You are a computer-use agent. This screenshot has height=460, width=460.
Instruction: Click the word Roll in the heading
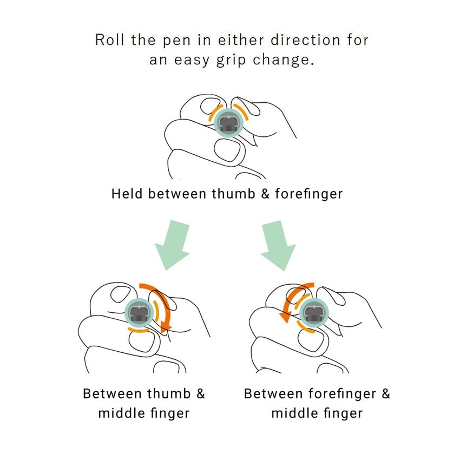pyautogui.click(x=109, y=40)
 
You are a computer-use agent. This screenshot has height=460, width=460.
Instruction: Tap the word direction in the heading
pyautogui.click(x=305, y=40)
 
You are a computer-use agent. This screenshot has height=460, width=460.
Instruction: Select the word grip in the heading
pyautogui.click(x=231, y=61)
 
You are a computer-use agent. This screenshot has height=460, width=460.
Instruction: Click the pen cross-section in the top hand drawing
pyautogui.click(x=228, y=123)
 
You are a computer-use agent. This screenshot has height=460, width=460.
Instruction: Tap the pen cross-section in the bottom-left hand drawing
pyautogui.click(x=139, y=313)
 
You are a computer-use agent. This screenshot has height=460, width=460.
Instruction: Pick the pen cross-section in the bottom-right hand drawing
pyautogui.click(x=314, y=313)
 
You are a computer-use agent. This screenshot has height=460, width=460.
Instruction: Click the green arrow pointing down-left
pyautogui.click(x=173, y=245)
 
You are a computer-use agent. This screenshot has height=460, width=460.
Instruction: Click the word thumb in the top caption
pyautogui.click(x=234, y=194)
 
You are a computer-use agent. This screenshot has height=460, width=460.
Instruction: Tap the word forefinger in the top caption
pyautogui.click(x=309, y=194)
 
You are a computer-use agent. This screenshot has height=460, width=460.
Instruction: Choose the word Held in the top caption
pyautogui.click(x=127, y=194)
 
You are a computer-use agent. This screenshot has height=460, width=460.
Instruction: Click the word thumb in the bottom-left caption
pyautogui.click(x=169, y=393)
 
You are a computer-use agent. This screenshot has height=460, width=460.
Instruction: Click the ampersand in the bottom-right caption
pyautogui.click(x=386, y=393)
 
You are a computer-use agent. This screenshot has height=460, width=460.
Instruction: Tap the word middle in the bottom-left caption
pyautogui.click(x=121, y=413)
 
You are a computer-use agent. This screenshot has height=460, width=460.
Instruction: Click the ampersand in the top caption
pyautogui.click(x=265, y=194)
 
